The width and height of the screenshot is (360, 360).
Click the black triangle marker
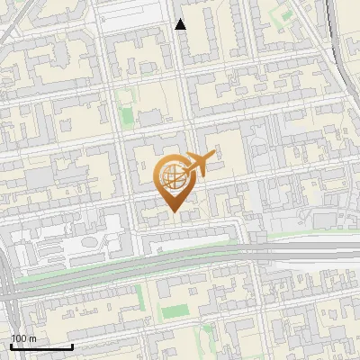(181, 24)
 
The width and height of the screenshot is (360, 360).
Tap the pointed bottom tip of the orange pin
(174, 212)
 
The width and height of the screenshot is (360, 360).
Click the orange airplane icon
(201, 163)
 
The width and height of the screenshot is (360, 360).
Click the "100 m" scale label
(24, 337)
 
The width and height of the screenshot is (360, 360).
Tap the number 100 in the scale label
(20, 337)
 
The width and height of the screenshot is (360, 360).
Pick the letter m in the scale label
(32, 337)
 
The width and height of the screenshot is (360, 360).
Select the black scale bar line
(41, 346)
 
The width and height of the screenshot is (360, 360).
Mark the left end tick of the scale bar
(11, 345)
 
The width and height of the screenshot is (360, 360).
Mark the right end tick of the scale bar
(72, 345)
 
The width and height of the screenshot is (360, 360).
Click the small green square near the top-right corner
(286, 15)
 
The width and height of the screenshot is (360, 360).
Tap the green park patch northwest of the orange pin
(128, 115)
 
